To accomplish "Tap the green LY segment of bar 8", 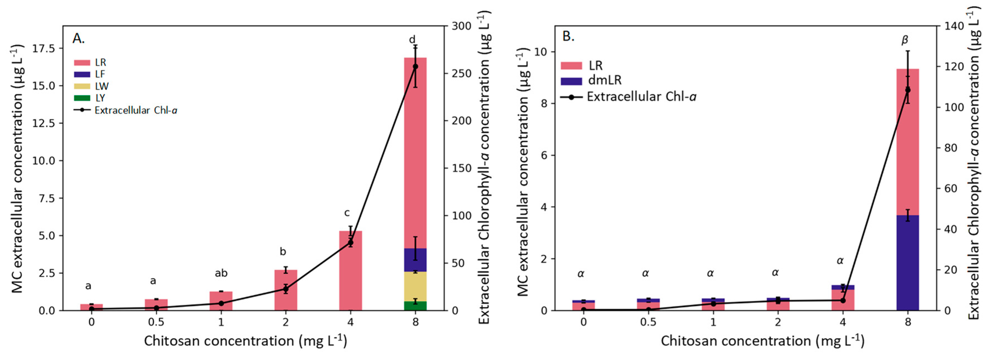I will (x=415, y=306).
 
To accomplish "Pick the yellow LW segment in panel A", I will (x=415, y=286).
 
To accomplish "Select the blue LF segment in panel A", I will (x=415, y=260).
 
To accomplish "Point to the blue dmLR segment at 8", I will (x=908, y=263).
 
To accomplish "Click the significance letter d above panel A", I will (x=412, y=39).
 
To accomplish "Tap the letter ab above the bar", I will (x=221, y=273).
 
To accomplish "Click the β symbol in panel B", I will (x=905, y=40).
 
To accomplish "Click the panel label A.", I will (x=78, y=38).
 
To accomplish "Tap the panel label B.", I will (x=568, y=36).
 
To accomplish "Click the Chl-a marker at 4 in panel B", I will (x=843, y=300).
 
